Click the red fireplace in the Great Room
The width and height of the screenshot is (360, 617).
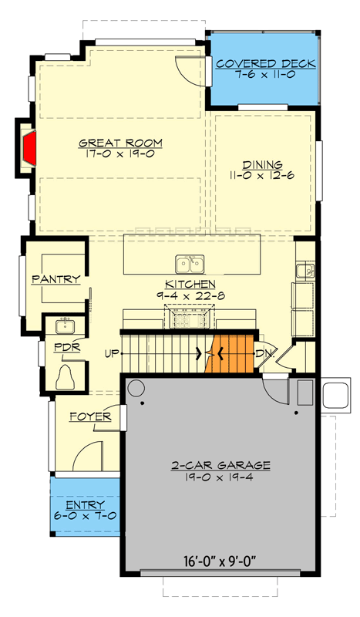(x=30, y=147)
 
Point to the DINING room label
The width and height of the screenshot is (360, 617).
(x=262, y=165)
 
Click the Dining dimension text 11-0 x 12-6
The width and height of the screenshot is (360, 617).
(x=262, y=176)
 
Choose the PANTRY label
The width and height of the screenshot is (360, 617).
(x=56, y=279)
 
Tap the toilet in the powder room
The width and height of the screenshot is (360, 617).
(x=68, y=377)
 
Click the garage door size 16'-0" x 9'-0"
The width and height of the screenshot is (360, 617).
(x=221, y=561)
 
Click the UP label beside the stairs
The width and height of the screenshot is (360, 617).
(x=111, y=354)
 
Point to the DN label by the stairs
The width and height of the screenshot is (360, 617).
(x=263, y=354)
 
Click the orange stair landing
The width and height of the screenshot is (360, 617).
(x=234, y=354)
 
